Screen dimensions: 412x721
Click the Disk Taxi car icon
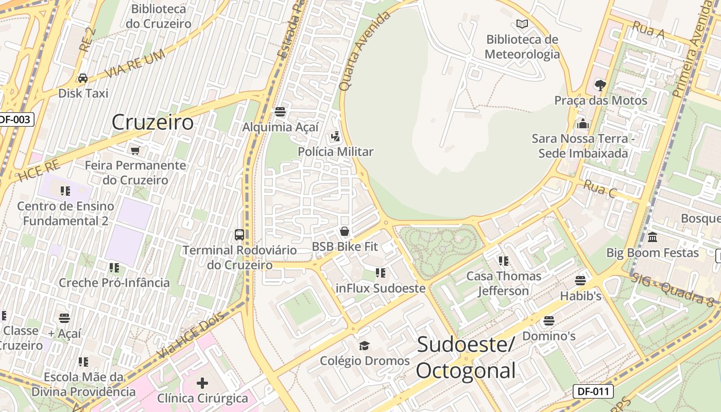click(82, 78)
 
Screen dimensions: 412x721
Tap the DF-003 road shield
click(15, 119)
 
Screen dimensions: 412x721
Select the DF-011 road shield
click(593, 391)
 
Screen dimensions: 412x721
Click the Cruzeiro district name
click(152, 123)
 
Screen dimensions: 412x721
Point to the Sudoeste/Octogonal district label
click(466, 357)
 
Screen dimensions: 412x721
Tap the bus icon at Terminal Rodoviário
click(239, 235)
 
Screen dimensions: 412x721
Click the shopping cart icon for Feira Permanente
click(135, 150)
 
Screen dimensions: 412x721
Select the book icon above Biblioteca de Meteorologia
click(522, 24)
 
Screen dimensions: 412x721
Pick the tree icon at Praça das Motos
click(600, 85)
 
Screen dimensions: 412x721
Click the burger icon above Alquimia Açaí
click(280, 112)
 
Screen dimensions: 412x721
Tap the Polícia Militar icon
click(336, 136)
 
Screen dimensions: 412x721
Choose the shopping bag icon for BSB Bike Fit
click(345, 232)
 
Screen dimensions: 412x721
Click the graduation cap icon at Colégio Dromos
click(365, 346)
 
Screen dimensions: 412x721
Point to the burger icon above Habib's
click(580, 281)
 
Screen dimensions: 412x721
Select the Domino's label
click(549, 336)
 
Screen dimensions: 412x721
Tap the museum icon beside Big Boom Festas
click(653, 237)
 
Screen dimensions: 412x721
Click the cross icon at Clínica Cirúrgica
click(202, 383)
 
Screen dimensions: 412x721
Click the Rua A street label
click(648, 30)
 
